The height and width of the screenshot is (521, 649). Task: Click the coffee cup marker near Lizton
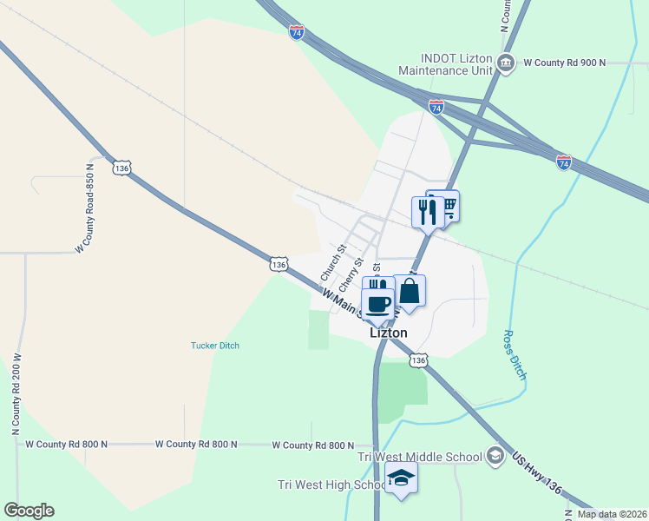point(377,305)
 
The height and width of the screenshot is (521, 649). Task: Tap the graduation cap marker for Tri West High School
point(402,478)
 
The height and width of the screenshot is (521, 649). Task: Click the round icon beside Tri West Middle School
point(495,456)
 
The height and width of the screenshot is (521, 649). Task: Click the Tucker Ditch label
point(215,346)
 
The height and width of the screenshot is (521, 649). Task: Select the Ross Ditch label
point(515,354)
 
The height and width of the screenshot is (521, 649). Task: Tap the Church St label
point(333,261)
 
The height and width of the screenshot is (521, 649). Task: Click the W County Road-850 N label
point(83,208)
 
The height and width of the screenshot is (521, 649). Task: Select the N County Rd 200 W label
point(16,394)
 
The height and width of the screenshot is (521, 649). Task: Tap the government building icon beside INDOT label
point(508,63)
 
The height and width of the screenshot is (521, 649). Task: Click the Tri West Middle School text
point(421,457)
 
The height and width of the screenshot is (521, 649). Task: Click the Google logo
point(29,511)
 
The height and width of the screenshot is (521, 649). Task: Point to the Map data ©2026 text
point(612,514)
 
